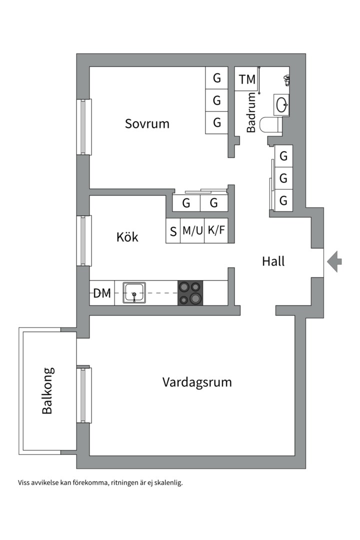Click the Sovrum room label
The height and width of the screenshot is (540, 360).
click(x=147, y=123)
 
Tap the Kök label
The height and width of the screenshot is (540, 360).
click(x=127, y=236)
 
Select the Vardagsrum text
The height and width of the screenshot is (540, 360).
click(x=197, y=382)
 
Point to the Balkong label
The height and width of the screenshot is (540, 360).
click(x=47, y=390)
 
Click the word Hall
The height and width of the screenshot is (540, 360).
click(x=273, y=261)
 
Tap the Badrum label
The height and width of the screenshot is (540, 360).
click(x=251, y=112)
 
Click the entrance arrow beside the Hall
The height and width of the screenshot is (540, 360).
click(x=334, y=261)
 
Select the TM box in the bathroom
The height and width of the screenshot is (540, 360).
click(x=246, y=79)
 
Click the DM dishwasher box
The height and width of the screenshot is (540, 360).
click(x=102, y=293)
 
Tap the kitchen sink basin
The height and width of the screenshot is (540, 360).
click(x=134, y=292)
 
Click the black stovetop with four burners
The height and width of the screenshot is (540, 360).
click(x=190, y=293)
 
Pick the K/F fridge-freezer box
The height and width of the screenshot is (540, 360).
click(x=216, y=230)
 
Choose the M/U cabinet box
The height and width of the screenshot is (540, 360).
click(x=192, y=230)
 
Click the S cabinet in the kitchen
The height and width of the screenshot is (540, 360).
click(x=173, y=230)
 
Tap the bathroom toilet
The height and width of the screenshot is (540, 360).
click(x=270, y=124)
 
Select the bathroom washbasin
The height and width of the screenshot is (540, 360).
click(x=281, y=104)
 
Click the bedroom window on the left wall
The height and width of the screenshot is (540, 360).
click(x=84, y=127)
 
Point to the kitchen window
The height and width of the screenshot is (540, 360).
click(x=84, y=240)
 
